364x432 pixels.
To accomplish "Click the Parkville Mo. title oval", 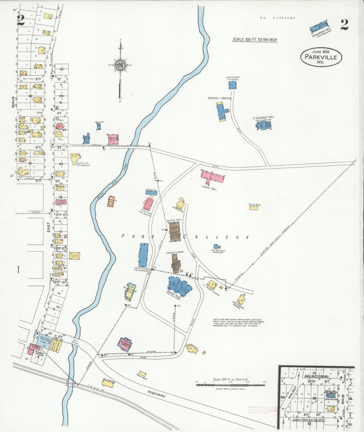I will click(321, 57).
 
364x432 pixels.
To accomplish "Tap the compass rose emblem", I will click(120, 65).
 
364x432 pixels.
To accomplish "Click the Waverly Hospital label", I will click(220, 98).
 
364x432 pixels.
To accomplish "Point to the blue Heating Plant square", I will click(233, 85).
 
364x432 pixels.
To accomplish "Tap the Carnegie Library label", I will click(175, 252).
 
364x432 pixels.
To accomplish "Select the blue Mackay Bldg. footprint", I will click(179, 286).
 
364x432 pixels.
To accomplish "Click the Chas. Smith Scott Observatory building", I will click(216, 246).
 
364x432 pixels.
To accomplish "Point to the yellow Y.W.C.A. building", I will click(254, 208).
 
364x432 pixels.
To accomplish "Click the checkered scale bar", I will click(230, 385).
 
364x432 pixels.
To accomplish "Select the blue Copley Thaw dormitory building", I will click(143, 255).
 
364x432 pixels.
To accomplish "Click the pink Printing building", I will click(113, 140).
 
